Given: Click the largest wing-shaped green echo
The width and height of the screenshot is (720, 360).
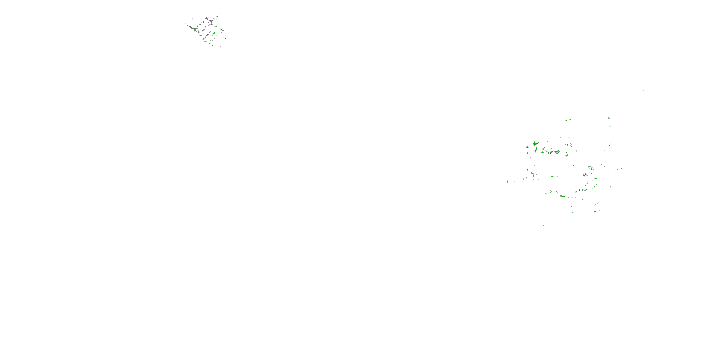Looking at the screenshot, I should [x=535, y=143].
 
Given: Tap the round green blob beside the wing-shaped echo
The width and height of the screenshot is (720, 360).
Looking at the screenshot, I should [x=528, y=147].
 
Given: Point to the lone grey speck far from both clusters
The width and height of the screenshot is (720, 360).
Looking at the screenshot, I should [x=643, y=90].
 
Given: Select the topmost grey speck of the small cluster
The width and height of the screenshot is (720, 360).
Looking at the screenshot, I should [x=221, y=13].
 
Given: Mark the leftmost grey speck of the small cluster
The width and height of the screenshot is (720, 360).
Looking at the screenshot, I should [x=186, y=24].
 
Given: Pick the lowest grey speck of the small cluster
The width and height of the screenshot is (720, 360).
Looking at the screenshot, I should [x=220, y=46].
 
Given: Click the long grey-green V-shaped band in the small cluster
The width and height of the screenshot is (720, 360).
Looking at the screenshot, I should [x=193, y=28].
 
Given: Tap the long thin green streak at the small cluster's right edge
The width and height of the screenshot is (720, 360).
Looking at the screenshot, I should [x=224, y=39].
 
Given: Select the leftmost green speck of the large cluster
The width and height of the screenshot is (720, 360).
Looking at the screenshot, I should [x=507, y=181].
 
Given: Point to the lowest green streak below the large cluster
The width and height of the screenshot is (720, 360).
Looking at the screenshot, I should [x=544, y=226].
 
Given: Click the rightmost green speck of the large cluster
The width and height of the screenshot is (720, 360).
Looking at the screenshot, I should [x=621, y=168].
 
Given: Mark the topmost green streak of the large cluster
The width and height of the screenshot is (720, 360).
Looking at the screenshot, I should [x=609, y=118].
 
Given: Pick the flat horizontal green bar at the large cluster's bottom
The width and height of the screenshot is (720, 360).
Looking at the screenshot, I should [x=573, y=212].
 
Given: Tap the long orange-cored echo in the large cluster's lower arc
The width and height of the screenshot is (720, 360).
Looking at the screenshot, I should [x=562, y=196].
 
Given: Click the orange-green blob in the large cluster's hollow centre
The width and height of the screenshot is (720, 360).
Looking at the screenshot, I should [x=552, y=177].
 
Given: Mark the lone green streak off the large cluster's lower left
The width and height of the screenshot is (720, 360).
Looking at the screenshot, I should [x=518, y=207].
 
